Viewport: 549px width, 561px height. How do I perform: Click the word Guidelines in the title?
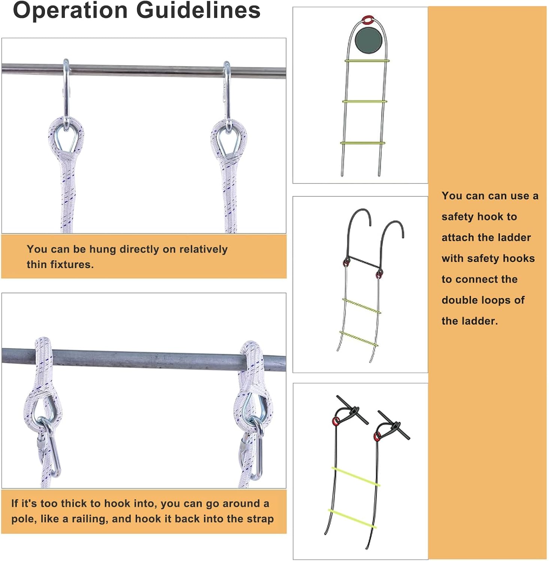point(198,10)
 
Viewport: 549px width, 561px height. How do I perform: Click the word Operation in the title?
point(70,10)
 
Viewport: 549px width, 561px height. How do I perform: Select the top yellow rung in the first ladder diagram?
point(367,61)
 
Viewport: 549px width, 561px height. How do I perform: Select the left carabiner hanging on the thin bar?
point(66,93)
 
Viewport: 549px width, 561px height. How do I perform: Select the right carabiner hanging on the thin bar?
point(227,95)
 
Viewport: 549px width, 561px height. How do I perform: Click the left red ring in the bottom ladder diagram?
point(336,420)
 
